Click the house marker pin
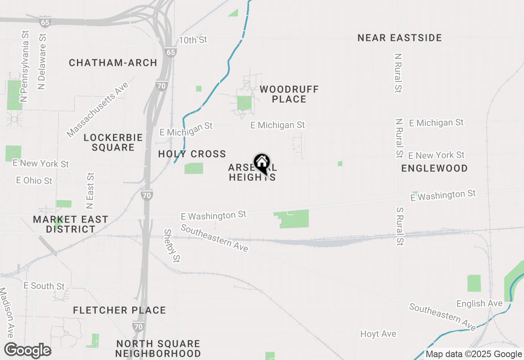coord(262,164)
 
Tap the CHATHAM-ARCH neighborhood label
coord(113,63)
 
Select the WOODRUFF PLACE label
coord(289,94)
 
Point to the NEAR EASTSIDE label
coord(400,38)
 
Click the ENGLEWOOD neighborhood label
coord(434,168)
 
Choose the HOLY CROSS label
coord(192,154)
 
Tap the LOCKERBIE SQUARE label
coord(113,142)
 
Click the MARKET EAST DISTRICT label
coord(71,224)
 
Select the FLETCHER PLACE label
coord(120,310)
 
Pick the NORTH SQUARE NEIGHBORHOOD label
coord(158,349)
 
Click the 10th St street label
coord(193,40)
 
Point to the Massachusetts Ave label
coord(98,109)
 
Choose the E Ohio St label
coord(34,180)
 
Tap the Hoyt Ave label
coord(378,334)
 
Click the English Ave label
coord(479,304)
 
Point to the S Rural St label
coord(400,226)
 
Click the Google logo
coord(28,350)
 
